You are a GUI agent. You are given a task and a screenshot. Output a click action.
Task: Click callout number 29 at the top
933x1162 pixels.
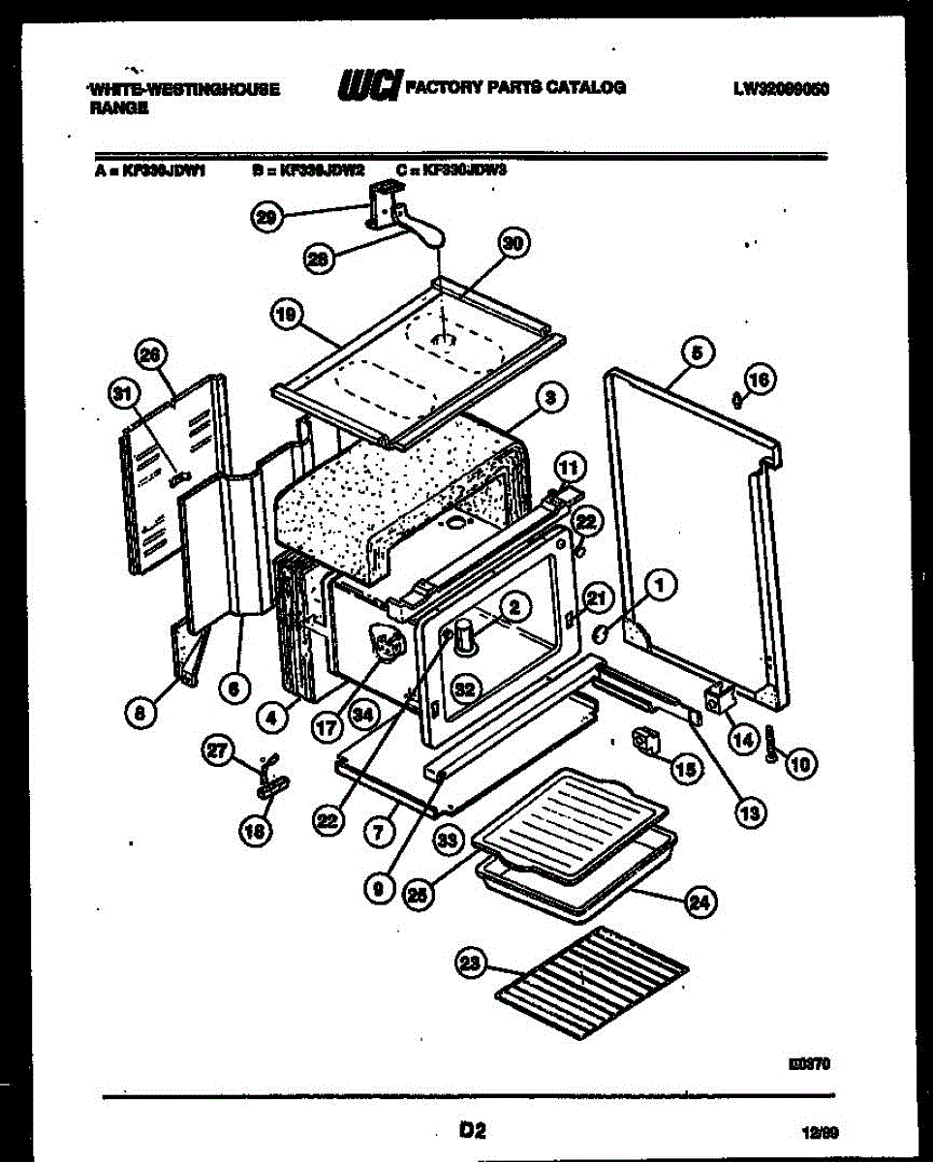click(x=264, y=219)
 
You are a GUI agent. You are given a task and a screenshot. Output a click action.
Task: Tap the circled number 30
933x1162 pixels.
click(x=513, y=245)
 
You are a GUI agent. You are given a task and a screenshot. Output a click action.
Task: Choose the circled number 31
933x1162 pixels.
click(x=122, y=393)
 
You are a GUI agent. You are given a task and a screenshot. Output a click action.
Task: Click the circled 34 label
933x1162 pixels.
click(x=363, y=716)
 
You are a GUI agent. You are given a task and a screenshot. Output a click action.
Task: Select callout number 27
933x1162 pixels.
click(x=218, y=749)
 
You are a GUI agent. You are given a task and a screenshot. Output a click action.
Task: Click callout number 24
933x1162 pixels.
click(x=699, y=902)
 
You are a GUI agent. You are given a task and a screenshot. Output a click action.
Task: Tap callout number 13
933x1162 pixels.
click(x=749, y=812)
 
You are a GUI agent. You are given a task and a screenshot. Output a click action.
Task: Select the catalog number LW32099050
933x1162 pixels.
click(x=782, y=88)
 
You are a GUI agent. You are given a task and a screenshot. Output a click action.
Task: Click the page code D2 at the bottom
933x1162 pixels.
click(x=472, y=1129)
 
